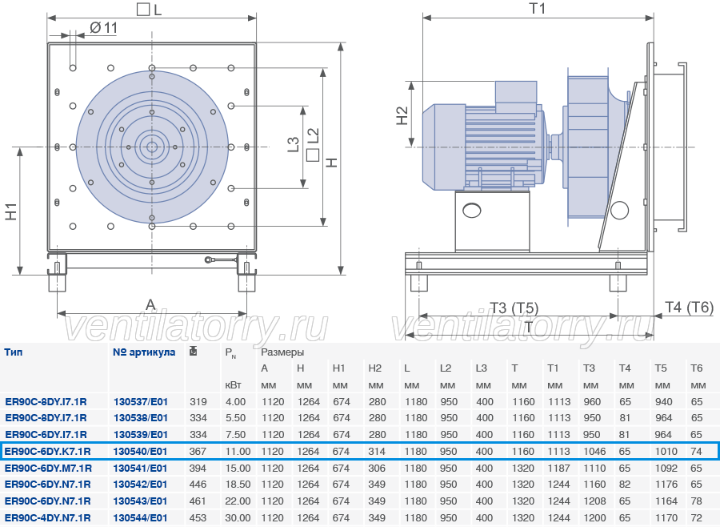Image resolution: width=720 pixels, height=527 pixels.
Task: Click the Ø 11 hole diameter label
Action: coord(103,28)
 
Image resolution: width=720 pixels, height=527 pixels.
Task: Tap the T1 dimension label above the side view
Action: coord(538,9)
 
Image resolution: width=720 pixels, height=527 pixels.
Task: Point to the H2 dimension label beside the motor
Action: coord(402,115)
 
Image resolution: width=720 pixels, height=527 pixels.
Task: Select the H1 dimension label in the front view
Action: coord(11,211)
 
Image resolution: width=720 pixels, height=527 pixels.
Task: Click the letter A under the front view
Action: coord(150,304)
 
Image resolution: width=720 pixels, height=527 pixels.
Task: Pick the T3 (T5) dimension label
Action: coord(514,308)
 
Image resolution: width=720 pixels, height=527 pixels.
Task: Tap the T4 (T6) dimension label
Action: coord(690,307)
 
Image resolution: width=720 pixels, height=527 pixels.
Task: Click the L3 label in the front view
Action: coord(294,144)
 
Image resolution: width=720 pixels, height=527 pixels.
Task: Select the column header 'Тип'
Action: coord(14,352)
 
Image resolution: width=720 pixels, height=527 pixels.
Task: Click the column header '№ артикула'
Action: coord(144,352)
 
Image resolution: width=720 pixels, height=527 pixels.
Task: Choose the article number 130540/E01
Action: coord(141,452)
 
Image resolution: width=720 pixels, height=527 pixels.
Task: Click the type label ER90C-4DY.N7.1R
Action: coord(48,518)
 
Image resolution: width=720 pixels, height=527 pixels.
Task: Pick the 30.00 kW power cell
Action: coord(238,518)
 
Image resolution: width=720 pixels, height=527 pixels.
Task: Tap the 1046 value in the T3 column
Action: coord(594,452)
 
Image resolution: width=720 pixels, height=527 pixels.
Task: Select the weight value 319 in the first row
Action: coord(198,402)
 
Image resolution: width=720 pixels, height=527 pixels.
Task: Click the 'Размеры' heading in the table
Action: coord(282,352)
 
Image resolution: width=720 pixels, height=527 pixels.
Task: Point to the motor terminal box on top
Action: coord(516,97)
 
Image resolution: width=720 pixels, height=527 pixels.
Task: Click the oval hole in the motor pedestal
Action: coord(472,211)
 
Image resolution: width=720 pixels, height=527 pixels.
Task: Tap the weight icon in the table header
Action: coord(194,352)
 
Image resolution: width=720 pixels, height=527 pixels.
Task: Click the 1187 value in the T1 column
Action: coord(559,469)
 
